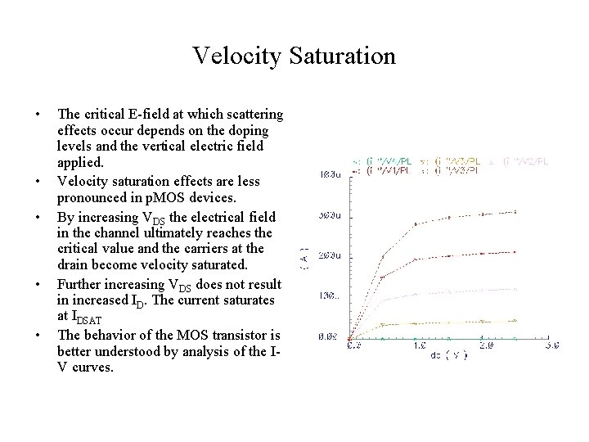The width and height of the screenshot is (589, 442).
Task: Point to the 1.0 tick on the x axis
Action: (417, 346)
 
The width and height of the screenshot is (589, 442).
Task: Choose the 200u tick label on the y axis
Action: (330, 255)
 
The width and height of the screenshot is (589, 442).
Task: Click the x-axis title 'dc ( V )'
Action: (448, 357)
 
